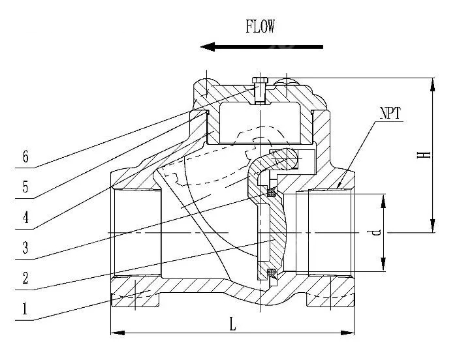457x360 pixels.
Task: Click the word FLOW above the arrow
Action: click(260, 27)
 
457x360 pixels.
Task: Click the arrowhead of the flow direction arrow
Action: click(208, 46)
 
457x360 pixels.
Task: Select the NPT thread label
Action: click(390, 113)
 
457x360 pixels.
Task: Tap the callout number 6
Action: click(25, 157)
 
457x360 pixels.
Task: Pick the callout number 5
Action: click(25, 187)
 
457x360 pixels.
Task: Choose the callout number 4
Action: click(25, 217)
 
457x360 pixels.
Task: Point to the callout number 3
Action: click(25, 248)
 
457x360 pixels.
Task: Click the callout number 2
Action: click(25, 278)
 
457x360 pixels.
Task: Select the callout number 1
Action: click(25, 308)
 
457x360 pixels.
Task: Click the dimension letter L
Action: click(232, 324)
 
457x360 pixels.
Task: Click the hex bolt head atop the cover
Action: click(260, 80)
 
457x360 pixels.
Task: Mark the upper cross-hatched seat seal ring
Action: click(272, 192)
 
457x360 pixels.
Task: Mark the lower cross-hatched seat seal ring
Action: click(272, 273)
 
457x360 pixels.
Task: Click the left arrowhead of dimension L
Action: click(118, 333)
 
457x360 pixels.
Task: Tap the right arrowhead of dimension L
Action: click(348, 333)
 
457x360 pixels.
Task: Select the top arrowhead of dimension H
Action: click(433, 85)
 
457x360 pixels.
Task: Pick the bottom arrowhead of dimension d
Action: click(383, 264)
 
